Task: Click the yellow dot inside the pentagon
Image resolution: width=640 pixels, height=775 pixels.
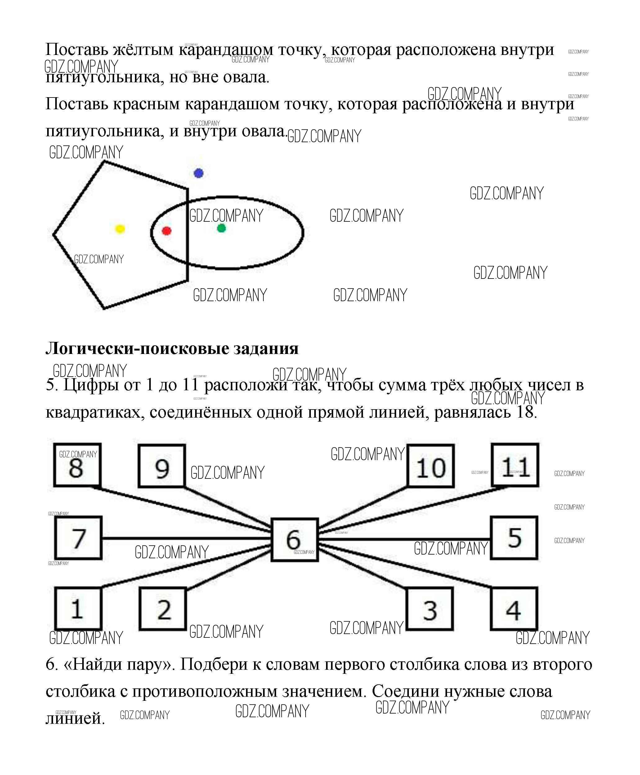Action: pos(120,229)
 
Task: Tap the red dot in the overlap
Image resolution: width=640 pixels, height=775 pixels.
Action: pos(167,231)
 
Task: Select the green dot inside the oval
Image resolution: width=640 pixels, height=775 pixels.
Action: pos(221,229)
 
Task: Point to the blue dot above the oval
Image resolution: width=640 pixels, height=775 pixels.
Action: pos(198,173)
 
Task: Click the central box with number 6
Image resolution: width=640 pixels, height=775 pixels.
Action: pos(295,540)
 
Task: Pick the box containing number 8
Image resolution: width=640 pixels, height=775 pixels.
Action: pos(77,465)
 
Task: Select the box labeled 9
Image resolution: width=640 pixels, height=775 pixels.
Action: pos(162,466)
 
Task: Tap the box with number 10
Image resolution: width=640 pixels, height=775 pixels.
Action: pos(431,466)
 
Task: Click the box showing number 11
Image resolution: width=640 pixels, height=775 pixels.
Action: pos(515,465)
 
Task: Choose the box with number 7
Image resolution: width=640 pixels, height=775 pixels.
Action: pos(78,538)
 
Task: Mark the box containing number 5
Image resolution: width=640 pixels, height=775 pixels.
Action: pos(514,538)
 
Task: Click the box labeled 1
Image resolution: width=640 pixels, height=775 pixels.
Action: pos(78,609)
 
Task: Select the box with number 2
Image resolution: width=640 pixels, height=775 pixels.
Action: pos(163,609)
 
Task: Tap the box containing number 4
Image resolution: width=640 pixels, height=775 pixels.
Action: pos(513,609)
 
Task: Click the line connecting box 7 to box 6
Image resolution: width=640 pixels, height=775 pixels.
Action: pos(184,538)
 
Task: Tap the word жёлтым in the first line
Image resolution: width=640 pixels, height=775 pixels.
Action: pos(143,49)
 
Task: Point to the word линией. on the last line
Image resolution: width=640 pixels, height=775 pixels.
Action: pos(75,718)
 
